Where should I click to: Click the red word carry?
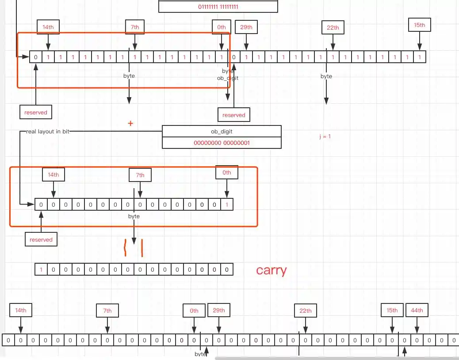pos(271,270)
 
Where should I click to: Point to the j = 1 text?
pos(325,136)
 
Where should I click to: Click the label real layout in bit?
pos(47,132)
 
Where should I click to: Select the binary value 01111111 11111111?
pos(218,7)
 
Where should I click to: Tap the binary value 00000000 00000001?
pos(222,143)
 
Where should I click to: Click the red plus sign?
pos(130,124)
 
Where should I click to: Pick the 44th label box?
pos(417,311)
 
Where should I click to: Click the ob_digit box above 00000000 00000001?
pos(222,132)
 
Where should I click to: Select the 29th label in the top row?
pos(246,27)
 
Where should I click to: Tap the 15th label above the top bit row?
pos(420,25)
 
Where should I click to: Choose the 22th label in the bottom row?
pos(306,311)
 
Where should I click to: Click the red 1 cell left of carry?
pos(41,269)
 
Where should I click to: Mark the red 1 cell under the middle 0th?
pos(227,205)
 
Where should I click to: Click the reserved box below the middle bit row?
pos(41,240)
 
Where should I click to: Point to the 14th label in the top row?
pos(48,27)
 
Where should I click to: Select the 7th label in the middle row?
pos(140,175)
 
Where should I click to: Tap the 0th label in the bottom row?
pos(194,311)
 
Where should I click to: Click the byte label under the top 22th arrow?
pos(326,76)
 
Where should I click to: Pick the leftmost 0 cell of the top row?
pos(36,57)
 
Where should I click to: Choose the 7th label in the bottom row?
pos(107,311)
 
